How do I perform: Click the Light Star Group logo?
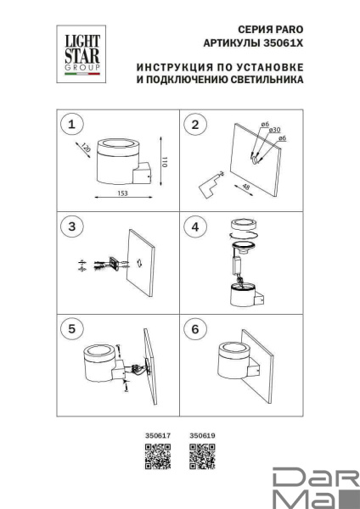tap(77, 54)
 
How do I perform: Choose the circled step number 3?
tap(73, 227)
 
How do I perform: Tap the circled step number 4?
tap(196, 227)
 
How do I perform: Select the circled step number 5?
tap(73, 328)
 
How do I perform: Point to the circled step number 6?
tap(196, 328)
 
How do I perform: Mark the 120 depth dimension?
tap(86, 149)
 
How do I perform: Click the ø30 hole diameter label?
tap(274, 130)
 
